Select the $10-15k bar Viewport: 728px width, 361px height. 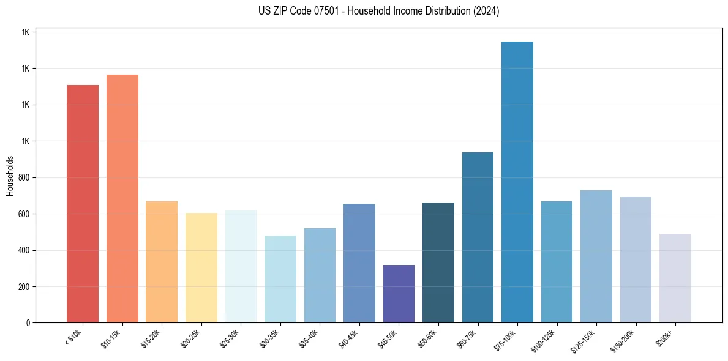(122, 199)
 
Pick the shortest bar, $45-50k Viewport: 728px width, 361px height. (399, 294)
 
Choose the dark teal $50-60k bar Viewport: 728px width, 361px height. (438, 262)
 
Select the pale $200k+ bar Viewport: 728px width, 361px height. (675, 278)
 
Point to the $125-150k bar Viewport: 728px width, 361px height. (596, 256)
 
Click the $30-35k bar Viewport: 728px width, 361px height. (280, 279)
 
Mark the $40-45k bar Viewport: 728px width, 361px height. (359, 263)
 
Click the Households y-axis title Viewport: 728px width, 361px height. (10, 176)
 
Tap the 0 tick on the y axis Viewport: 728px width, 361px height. (28, 322)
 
